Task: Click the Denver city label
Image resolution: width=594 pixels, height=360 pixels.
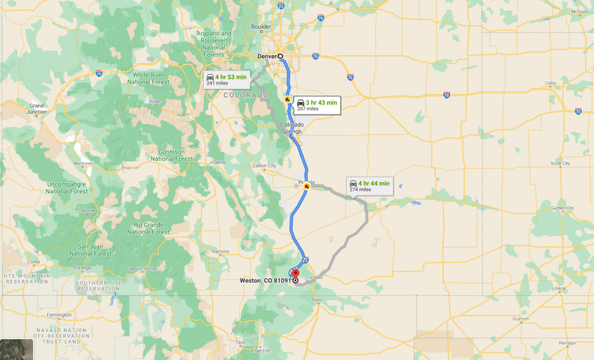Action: pos(267,56)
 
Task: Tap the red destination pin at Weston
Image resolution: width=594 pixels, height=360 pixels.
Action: pos(296,275)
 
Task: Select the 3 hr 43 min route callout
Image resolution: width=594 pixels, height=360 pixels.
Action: pos(315,104)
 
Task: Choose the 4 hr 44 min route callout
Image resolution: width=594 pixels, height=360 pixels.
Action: pos(369,185)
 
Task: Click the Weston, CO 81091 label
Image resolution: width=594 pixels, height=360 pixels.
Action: pos(265,280)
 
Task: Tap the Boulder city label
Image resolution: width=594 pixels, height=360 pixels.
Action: pos(262,27)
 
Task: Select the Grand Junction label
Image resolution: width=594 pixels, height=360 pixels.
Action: pos(37,110)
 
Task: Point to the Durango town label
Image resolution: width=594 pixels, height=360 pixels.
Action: pos(82,268)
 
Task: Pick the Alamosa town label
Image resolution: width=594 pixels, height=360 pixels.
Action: pos(221,251)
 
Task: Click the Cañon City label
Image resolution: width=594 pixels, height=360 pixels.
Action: pos(263,166)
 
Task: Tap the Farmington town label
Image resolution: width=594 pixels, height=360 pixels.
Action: pos(59,314)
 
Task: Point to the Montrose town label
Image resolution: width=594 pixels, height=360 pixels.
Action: pos(82,164)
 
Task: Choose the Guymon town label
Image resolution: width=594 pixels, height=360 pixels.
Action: pos(520,319)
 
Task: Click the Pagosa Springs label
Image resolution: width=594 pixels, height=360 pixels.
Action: pos(141,269)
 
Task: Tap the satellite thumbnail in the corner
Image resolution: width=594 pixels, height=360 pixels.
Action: pos(16,350)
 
